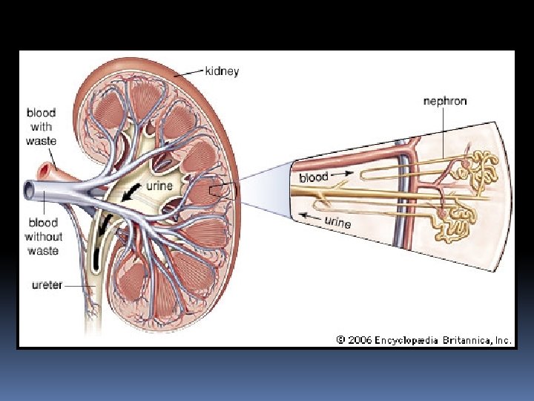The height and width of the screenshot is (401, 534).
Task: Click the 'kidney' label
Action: pos(222,72)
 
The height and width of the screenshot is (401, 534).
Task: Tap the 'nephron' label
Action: pos(445,100)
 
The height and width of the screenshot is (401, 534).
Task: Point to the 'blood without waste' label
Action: pos(43,236)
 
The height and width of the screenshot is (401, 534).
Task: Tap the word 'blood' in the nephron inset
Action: pos(314,177)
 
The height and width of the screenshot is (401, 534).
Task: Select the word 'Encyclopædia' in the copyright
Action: pos(407,340)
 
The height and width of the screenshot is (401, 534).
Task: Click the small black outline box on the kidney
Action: pos(217,191)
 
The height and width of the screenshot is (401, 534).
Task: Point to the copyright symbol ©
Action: pos(340,340)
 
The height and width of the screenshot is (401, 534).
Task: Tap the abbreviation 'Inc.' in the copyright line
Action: pos(504,340)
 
